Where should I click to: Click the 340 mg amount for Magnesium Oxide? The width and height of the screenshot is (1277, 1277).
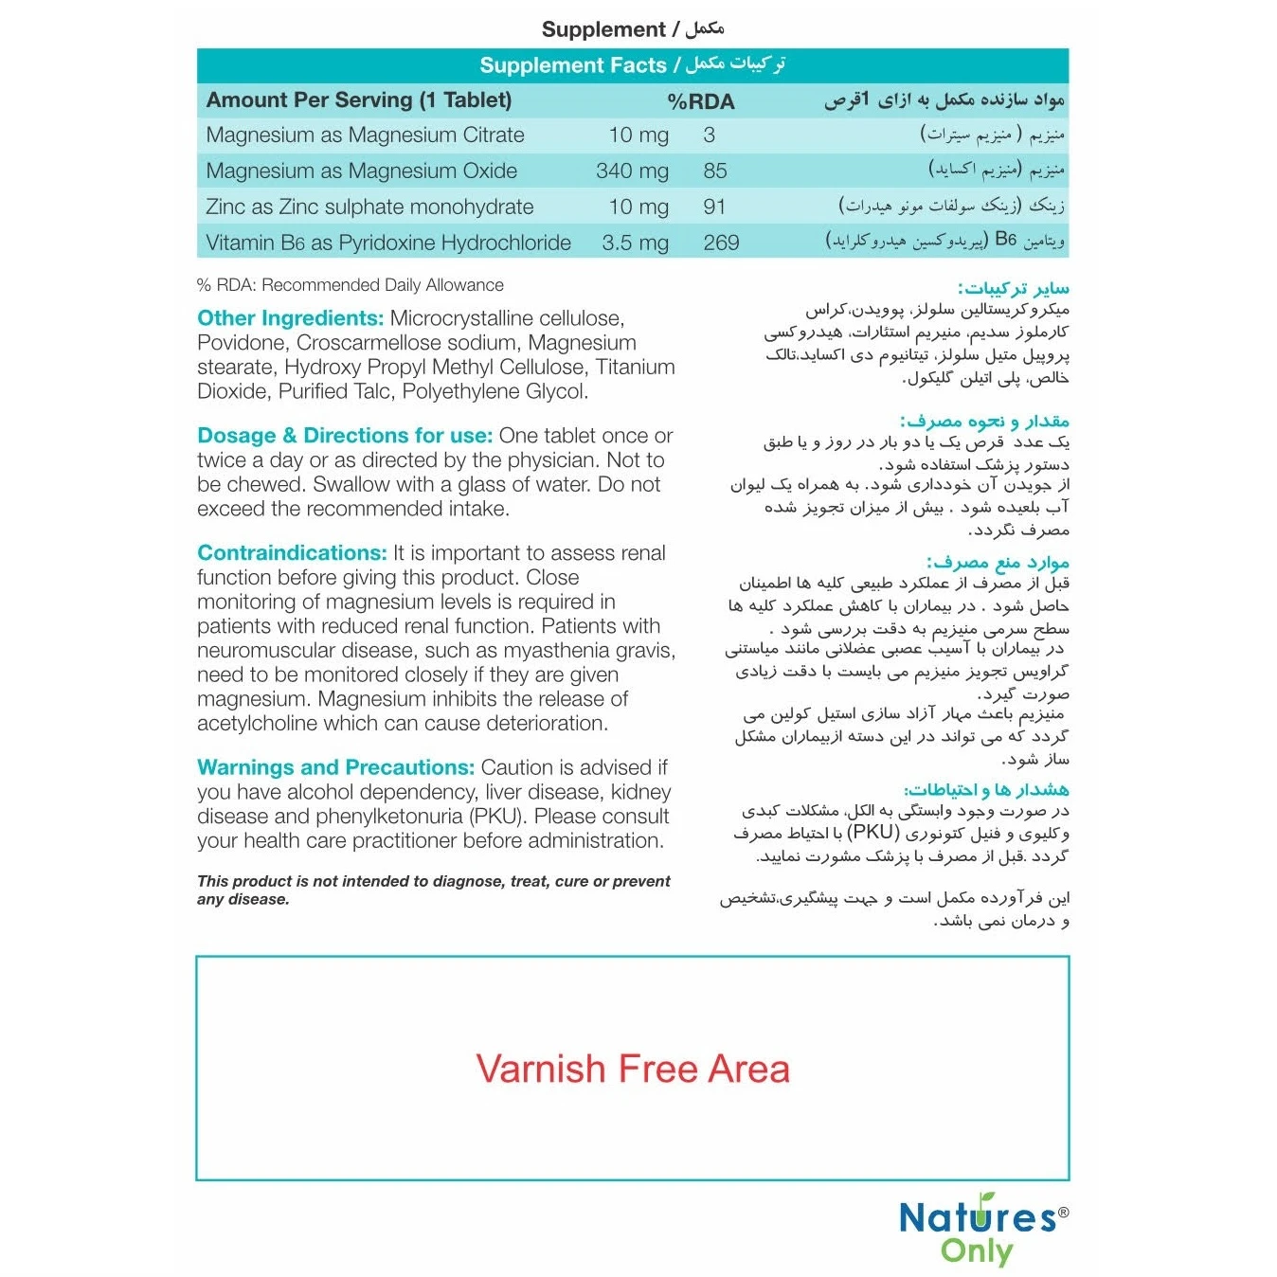pyautogui.click(x=632, y=171)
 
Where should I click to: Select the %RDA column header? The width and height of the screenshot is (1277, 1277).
pyautogui.click(x=700, y=101)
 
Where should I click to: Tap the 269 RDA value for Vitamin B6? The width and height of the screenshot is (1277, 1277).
pyautogui.click(x=721, y=243)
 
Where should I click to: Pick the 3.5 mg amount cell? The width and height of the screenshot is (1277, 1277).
pyautogui.click(x=635, y=243)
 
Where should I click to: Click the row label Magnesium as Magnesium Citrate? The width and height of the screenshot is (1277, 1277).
pyautogui.click(x=365, y=135)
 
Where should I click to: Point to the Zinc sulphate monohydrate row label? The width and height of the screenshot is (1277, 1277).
pyautogui.click(x=369, y=207)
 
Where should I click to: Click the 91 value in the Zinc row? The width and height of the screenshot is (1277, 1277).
pyautogui.click(x=714, y=207)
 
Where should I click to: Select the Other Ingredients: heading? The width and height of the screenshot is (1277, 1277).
pyautogui.click(x=290, y=318)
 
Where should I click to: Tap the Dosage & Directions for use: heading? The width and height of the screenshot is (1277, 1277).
pyautogui.click(x=345, y=436)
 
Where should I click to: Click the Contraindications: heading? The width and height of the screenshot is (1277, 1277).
pyautogui.click(x=292, y=553)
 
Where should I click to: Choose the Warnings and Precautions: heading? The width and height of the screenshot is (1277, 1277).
pyautogui.click(x=335, y=767)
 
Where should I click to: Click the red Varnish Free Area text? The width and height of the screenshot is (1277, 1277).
pyautogui.click(x=632, y=1069)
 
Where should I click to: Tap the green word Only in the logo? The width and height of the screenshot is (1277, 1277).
pyautogui.click(x=976, y=1251)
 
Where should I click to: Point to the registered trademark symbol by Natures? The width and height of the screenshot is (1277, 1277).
pyautogui.click(x=1063, y=1212)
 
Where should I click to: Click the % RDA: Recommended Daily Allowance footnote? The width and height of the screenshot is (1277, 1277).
pyautogui.click(x=350, y=285)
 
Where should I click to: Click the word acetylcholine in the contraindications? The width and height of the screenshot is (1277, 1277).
pyautogui.click(x=257, y=724)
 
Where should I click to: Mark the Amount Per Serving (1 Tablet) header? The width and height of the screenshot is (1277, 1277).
pyautogui.click(x=359, y=100)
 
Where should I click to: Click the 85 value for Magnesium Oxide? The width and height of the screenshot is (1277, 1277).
pyautogui.click(x=715, y=171)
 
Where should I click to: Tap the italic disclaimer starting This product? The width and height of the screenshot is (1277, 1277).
pyautogui.click(x=433, y=890)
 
